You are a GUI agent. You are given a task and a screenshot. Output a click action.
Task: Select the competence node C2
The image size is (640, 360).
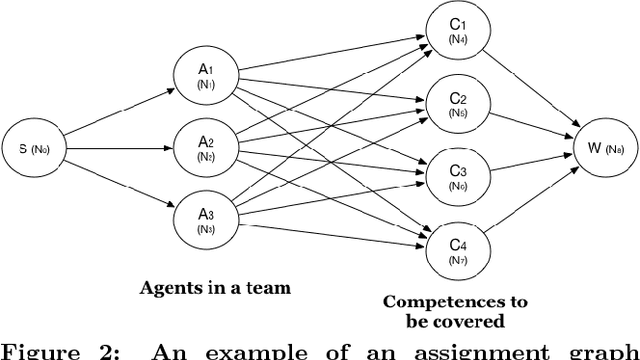coord(457,104)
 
